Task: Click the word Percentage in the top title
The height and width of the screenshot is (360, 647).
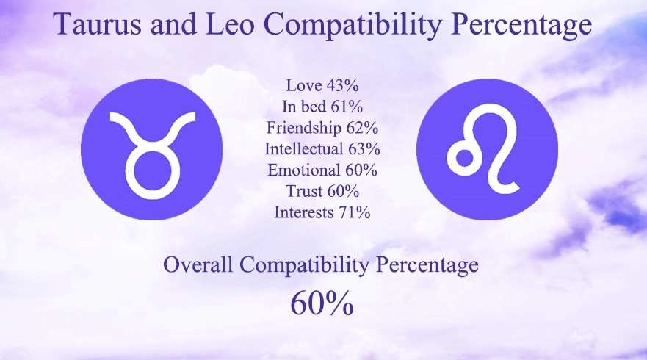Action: tap(524, 25)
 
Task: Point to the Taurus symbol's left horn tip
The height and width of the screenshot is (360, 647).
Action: tap(112, 117)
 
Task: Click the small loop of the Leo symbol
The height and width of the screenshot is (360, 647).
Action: tap(465, 159)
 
